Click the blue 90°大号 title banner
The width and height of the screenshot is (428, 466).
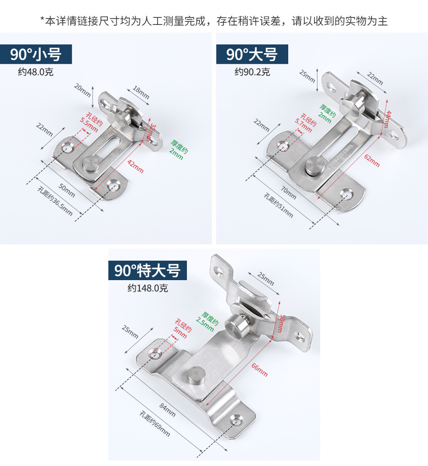[252, 55]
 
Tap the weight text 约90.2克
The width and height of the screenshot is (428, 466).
[252, 72]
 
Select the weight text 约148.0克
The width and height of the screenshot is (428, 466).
[148, 288]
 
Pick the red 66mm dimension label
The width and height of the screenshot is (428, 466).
[259, 370]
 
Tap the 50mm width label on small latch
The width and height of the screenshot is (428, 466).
[66, 190]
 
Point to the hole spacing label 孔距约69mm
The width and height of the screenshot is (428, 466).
[154, 425]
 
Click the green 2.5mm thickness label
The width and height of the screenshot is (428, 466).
[209, 322]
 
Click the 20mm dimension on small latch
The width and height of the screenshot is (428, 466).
[82, 90]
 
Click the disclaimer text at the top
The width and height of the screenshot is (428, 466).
[214, 21]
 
